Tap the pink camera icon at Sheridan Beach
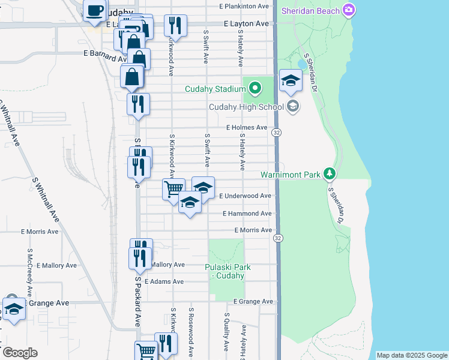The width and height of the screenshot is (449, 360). (x=349, y=10)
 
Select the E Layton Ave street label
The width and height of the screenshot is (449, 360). (x=246, y=24)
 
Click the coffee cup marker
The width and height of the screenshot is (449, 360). (x=95, y=10)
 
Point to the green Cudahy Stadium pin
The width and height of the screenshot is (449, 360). (x=255, y=89)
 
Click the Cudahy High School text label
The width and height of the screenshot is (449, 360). (x=246, y=107)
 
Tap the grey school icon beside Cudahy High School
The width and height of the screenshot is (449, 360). (x=293, y=107)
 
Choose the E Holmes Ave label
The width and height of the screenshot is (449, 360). (x=247, y=127)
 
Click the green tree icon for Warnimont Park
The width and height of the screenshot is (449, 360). (x=329, y=174)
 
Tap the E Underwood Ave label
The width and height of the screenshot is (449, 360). (x=245, y=196)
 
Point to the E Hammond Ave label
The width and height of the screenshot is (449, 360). (x=247, y=214)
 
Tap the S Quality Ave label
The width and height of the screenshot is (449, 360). (x=226, y=332)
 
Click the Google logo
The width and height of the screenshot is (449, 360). (x=19, y=353)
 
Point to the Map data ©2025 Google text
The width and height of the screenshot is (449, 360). (x=412, y=355)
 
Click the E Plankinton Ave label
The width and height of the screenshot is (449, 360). (x=244, y=6)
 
